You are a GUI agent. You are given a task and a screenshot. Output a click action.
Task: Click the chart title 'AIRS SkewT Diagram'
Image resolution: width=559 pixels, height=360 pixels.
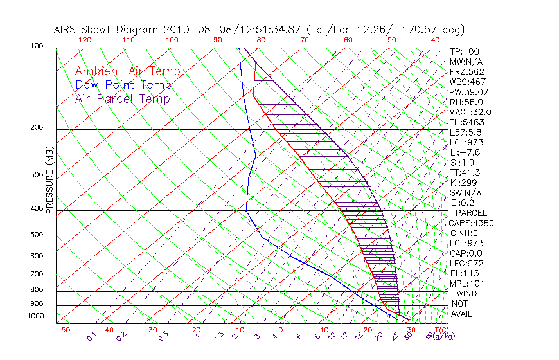pos(107,30)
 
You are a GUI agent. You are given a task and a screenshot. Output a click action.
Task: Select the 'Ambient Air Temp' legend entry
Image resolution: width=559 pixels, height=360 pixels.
pos(127,71)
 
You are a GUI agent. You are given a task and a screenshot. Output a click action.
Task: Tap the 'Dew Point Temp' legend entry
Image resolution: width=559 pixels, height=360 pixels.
pos(123,85)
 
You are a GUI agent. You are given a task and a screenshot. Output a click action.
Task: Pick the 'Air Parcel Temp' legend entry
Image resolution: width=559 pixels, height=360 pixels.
pos(123,99)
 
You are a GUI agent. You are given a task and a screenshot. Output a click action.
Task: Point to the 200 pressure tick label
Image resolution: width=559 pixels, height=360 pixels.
pos(37,127)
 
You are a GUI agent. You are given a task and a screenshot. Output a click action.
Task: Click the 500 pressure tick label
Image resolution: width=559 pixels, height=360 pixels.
pos(37,235)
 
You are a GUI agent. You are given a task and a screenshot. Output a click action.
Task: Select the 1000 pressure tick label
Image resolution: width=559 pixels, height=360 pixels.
pos(35,316)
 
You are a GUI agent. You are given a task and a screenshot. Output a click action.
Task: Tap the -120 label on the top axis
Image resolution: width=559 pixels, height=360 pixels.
pos(82,40)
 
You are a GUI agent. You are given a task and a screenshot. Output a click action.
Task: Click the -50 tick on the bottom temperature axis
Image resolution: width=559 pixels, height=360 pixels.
pos(62,330)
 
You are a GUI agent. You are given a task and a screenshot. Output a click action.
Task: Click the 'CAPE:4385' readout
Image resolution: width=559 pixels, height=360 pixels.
pos(471,223)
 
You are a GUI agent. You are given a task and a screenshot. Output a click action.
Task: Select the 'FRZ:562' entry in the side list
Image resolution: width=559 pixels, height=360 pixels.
pos(466,71)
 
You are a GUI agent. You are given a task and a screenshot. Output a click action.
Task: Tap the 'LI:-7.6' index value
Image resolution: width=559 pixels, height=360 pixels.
pos(465,152)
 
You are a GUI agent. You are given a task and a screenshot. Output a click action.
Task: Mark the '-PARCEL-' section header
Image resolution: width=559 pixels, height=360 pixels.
pos(471,213)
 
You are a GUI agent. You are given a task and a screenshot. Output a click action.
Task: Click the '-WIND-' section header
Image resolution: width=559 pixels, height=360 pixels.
pos(466,293)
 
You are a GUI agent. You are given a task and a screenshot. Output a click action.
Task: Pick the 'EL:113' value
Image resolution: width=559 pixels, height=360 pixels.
pos(463,273)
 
